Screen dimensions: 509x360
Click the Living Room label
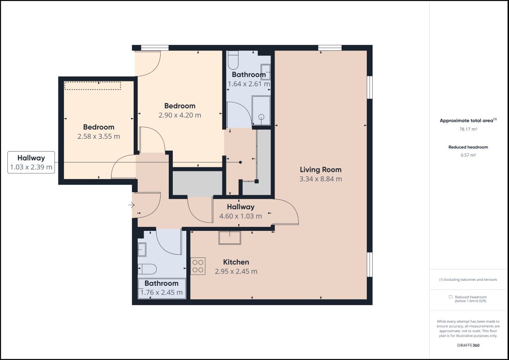320,170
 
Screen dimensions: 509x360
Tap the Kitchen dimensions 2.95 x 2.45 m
236,271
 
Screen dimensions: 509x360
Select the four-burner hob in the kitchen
198,266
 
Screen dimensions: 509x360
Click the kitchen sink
230,238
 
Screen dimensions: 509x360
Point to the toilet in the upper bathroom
233,60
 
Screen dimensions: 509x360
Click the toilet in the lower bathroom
147,269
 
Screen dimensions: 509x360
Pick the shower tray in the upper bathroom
261,111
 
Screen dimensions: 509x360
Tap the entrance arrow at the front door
131,205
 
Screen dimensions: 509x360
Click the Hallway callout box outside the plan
31,162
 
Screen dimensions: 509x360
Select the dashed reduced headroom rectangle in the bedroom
93,85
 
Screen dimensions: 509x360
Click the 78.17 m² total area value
468,129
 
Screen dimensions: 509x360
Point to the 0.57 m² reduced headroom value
468,155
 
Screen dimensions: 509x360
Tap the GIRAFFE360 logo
468,346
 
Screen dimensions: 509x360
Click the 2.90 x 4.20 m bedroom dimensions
180,115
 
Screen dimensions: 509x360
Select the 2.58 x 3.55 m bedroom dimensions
99,137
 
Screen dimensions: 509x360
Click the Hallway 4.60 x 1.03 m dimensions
240,216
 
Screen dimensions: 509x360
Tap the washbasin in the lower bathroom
142,249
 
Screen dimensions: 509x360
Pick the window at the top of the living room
330,48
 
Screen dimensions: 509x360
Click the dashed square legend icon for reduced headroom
450,297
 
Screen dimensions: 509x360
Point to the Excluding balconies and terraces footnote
468,279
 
